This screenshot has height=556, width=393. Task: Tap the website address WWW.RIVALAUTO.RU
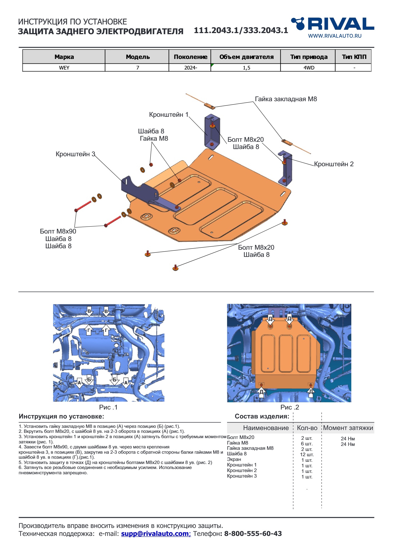coord(335,36)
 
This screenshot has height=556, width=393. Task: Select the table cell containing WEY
coord(64,68)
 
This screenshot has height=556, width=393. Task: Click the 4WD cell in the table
coord(309,68)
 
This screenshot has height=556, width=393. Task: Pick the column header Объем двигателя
coord(246,57)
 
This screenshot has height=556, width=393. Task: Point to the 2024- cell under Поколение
coord(190,68)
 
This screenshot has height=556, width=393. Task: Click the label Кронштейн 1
coord(168,115)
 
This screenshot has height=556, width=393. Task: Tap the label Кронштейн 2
coord(334,164)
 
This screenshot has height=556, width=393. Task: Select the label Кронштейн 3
coord(75,154)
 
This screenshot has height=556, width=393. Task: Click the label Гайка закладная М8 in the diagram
coord(286,99)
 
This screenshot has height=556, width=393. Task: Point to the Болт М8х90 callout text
coord(58,231)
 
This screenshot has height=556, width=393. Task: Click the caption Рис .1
coord(108,407)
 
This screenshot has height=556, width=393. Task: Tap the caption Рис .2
coord(290,407)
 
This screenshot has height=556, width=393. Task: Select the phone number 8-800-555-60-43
coord(253,534)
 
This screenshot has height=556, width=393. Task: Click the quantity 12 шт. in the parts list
coord(307,455)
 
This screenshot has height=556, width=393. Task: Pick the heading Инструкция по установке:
coord(61,416)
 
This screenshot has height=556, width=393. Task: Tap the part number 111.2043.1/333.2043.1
coord(241,30)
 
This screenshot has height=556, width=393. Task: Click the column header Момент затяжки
coord(348,428)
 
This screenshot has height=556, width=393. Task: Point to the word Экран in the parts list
coord(234,459)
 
